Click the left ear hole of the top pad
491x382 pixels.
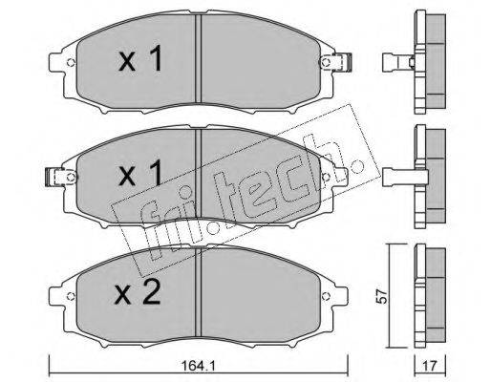(x=72, y=65)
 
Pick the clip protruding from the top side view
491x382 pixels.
(x=392, y=66)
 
